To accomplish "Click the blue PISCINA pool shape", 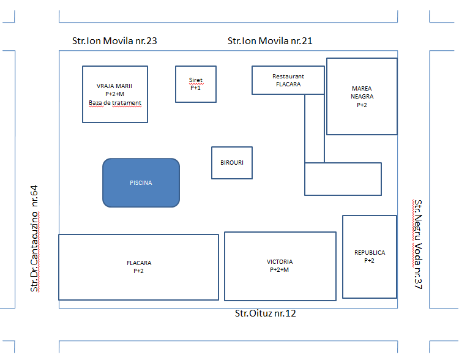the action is click(x=141, y=183).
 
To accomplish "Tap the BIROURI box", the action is click(x=232, y=163).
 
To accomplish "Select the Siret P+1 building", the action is click(x=196, y=84).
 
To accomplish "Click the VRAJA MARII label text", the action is click(x=114, y=86).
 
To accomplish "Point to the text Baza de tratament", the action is click(x=115, y=103).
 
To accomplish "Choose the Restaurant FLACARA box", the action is click(x=288, y=80).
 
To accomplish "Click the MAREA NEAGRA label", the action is click(x=362, y=92).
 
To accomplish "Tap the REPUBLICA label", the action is click(x=370, y=252).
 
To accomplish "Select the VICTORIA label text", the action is click(x=280, y=261).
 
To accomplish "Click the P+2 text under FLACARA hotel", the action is click(x=138, y=271).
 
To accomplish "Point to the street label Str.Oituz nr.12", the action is click(x=266, y=313).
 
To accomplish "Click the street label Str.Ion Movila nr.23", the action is click(x=114, y=41).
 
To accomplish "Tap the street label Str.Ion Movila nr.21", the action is click(x=270, y=41).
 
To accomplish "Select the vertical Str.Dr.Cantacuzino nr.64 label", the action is click(x=34, y=238).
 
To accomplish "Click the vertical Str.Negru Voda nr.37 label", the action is click(x=418, y=244).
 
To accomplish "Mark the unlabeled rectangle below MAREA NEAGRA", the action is click(x=343, y=179).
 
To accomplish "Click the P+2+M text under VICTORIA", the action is click(x=279, y=270).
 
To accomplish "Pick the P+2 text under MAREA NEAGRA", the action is click(x=362, y=105).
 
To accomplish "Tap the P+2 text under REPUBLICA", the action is click(x=369, y=261).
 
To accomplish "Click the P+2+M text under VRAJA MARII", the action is click(x=115, y=94).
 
